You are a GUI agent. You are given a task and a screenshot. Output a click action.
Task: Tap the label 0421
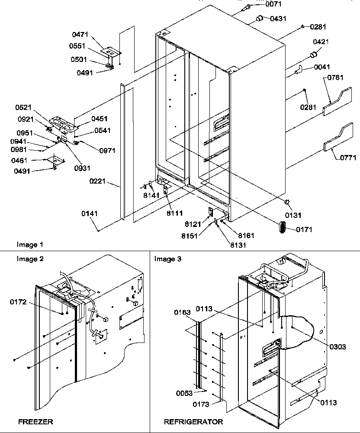point(321,42)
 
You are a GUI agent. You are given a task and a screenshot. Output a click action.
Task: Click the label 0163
point(183,312)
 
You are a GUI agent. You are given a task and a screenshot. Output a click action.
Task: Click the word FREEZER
point(35,421)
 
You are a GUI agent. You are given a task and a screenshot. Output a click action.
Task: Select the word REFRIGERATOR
point(193,421)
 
